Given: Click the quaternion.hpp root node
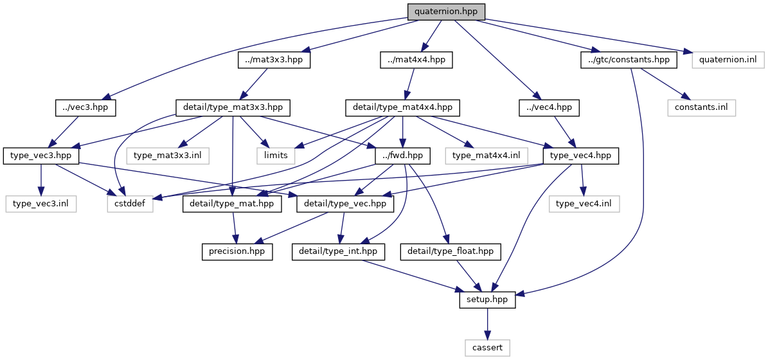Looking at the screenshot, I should pos(445,12).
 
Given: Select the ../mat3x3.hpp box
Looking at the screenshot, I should pos(274,60).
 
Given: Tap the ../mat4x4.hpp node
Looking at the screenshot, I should pos(415,60).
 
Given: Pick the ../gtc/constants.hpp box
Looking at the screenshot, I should pos(629,60).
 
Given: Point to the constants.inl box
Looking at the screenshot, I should pos(701,107).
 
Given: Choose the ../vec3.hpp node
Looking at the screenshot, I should pos(85,107).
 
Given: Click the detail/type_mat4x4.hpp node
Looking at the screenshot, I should pos(403,107).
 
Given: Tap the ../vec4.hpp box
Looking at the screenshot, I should pos(549,107).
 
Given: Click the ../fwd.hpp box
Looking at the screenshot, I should pos(403,156).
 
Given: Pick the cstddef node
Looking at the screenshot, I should pos(130,204).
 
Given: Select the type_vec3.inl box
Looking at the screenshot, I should pos(41,204).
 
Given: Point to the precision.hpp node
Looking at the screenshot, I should pos(237,251).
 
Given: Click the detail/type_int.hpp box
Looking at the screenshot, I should pos(338,251).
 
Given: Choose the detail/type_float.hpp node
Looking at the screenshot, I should pos(450,251).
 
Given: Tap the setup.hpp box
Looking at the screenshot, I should pos(487,300).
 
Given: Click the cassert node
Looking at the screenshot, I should pos(487,348).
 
